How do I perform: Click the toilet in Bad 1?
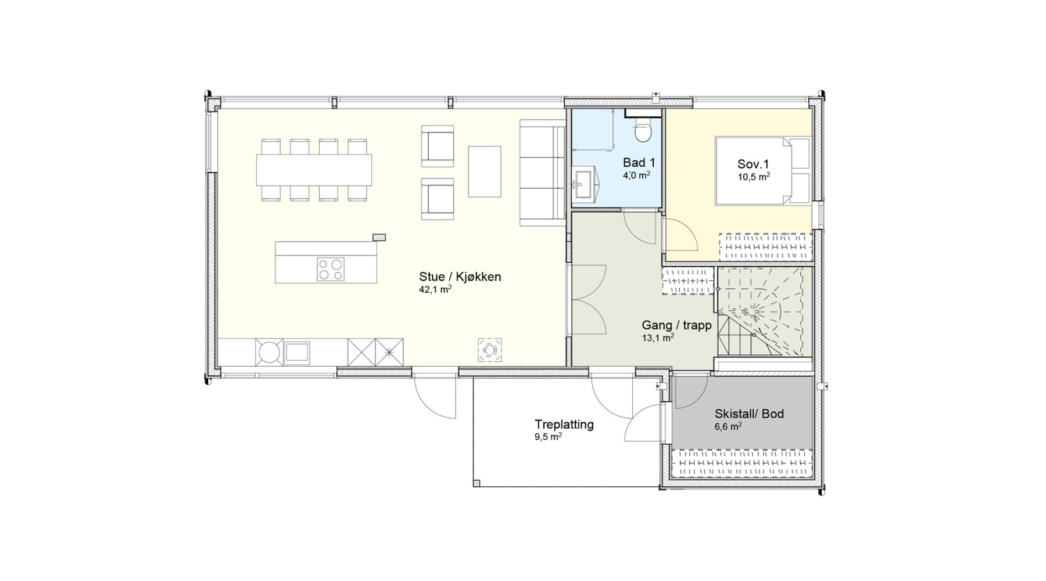click(643, 130)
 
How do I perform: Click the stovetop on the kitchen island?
click(330, 270)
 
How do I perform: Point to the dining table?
click(314, 170)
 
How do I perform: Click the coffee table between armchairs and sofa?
click(485, 171)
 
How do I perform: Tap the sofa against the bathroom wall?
click(542, 173)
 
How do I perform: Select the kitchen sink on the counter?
click(296, 353)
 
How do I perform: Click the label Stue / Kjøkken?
click(460, 277)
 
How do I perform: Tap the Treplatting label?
click(564, 425)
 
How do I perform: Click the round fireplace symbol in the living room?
click(489, 350)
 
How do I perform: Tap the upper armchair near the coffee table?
click(438, 149)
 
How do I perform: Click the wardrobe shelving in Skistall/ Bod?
click(741, 464)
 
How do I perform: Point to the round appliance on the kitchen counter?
click(269, 353)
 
